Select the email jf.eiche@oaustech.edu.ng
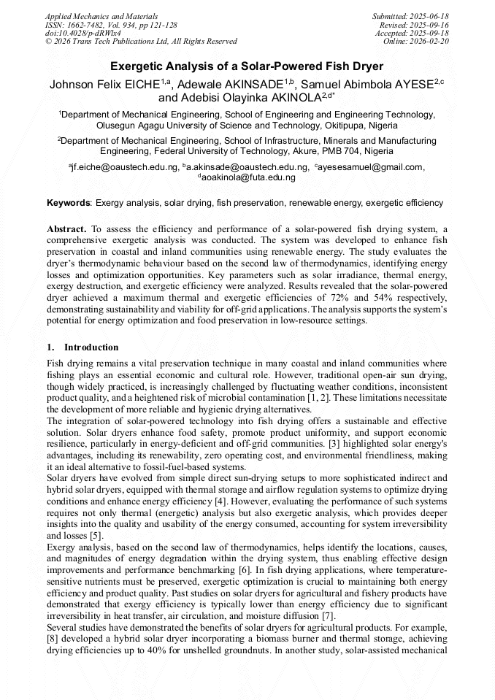click(x=125, y=167)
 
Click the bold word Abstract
click(x=67, y=228)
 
